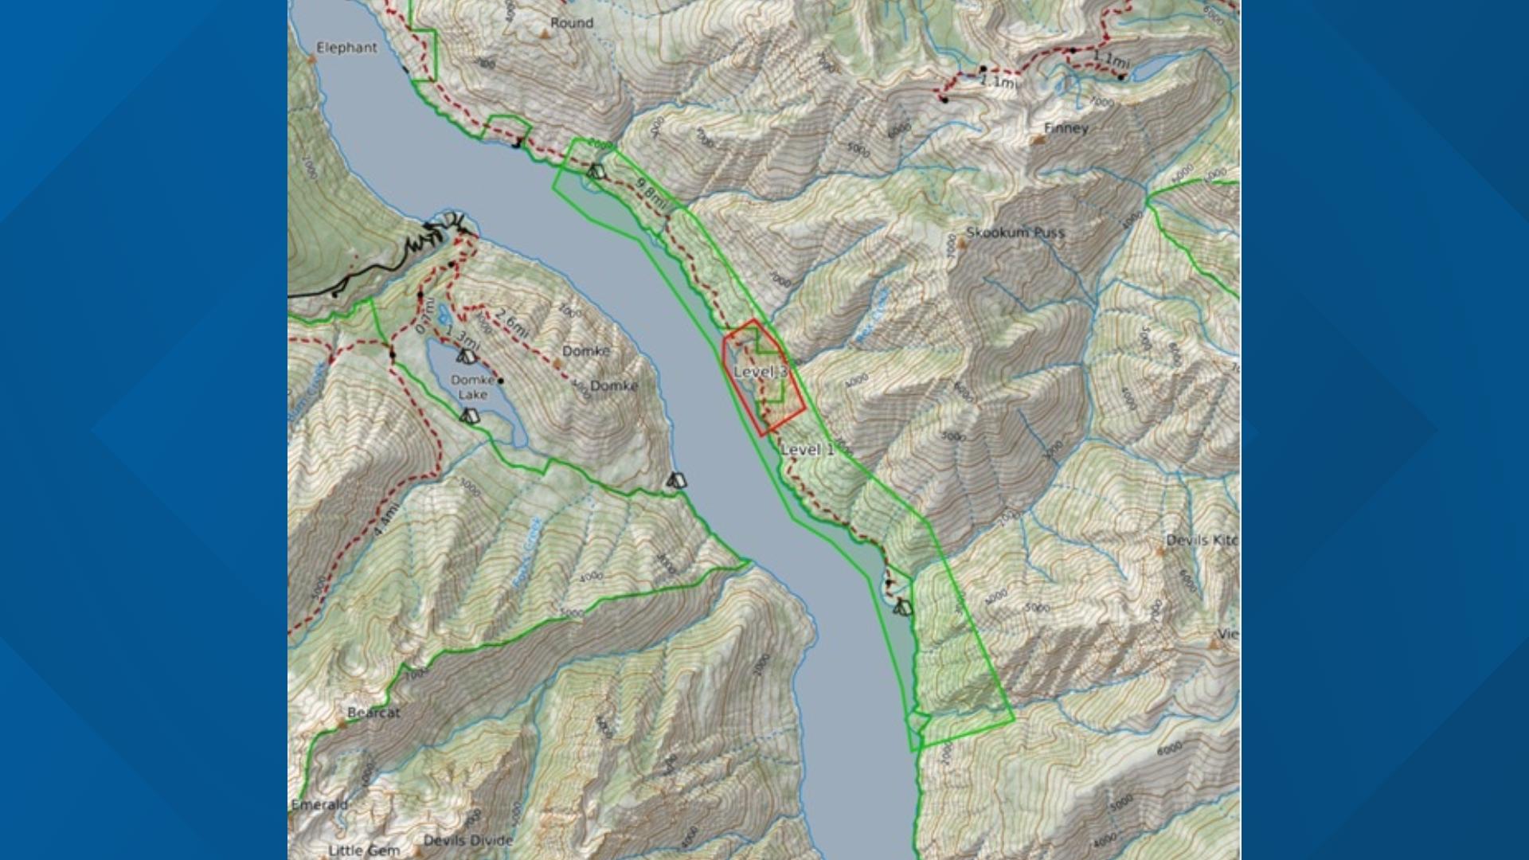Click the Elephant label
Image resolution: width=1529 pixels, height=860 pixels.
pyautogui.click(x=346, y=48)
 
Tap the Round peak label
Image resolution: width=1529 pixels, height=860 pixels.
pyautogui.click(x=572, y=23)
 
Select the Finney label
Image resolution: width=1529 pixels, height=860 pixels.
pyautogui.click(x=1066, y=128)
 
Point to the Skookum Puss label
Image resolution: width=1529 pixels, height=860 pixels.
pyautogui.click(x=1015, y=233)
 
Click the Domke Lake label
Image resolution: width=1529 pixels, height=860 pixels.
pyautogui.click(x=472, y=387)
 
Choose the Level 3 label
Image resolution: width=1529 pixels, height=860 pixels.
pyautogui.click(x=761, y=372)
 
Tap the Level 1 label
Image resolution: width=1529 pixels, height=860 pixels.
pyautogui.click(x=808, y=449)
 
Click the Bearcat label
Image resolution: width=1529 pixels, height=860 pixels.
pyautogui.click(x=373, y=713)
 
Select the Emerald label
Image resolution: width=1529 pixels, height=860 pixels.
pyautogui.click(x=319, y=804)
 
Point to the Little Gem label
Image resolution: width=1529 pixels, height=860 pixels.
pyautogui.click(x=364, y=850)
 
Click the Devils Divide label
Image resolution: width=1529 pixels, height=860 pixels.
pyautogui.click(x=468, y=840)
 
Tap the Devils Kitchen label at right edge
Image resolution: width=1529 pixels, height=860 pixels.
pyautogui.click(x=1202, y=540)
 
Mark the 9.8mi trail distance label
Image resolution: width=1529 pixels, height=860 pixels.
pyautogui.click(x=651, y=194)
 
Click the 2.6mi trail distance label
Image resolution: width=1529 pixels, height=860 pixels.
pyautogui.click(x=511, y=321)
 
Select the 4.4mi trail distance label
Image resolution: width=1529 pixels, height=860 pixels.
pyautogui.click(x=385, y=518)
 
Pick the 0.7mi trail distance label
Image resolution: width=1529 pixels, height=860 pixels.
pyautogui.click(x=426, y=316)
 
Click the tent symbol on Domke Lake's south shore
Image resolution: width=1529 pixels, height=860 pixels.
pyautogui.click(x=470, y=416)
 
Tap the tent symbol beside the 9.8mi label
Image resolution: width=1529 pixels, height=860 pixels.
pyautogui.click(x=595, y=170)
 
